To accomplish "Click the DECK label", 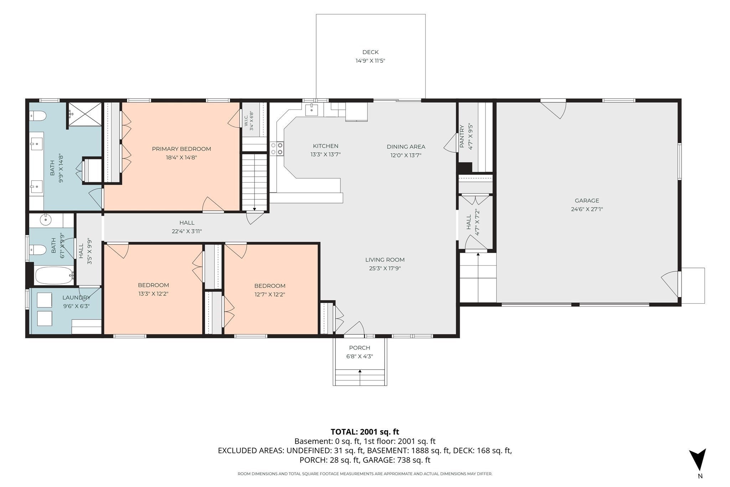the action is [x=370, y=52].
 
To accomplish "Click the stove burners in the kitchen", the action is [x=277, y=149].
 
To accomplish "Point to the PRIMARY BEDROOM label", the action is [x=181, y=149].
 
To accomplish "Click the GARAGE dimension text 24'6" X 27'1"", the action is [x=587, y=209].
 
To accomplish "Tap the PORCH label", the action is [x=360, y=348].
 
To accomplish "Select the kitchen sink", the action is [x=312, y=109].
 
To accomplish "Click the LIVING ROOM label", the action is [x=385, y=260].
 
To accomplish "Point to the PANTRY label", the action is [x=462, y=136].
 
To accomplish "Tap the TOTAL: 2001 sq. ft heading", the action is [x=365, y=432].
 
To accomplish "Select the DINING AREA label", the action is [x=406, y=147].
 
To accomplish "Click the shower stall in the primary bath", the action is [x=84, y=114].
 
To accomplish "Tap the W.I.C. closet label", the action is [x=246, y=121].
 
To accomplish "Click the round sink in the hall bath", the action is [x=46, y=220].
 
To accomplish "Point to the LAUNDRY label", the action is [x=76, y=298].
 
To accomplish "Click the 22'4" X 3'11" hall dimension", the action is [x=187, y=231].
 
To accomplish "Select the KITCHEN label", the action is [x=325, y=146].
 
